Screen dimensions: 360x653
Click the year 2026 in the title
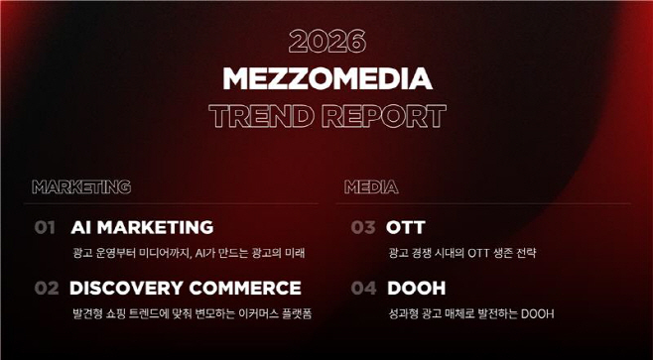[326, 42]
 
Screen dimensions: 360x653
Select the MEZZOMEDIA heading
[326, 78]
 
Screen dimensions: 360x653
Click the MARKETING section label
[81, 186]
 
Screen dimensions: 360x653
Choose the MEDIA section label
[371, 186]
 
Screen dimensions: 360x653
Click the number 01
[44, 227]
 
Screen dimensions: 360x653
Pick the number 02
[47, 289]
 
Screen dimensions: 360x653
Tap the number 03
[363, 227]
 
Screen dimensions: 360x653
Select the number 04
[364, 289]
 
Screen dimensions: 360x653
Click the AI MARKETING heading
[142, 227]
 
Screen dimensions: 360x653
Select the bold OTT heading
[406, 227]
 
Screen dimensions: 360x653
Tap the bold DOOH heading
[417, 289]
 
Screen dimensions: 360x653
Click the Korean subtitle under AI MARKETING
[189, 253]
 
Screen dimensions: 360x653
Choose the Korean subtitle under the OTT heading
[461, 253]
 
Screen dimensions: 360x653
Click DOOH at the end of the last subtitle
[537, 314]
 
